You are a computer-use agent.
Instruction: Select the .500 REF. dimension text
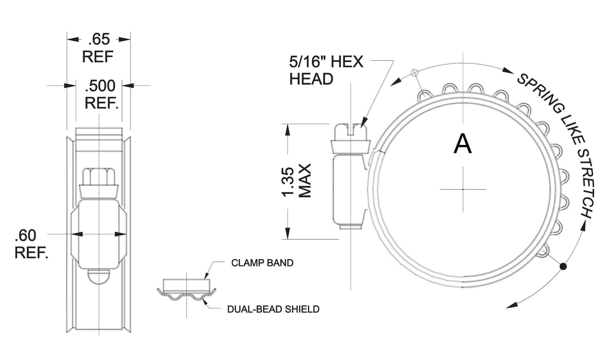[x=100, y=94]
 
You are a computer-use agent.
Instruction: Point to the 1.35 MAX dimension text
[x=296, y=181]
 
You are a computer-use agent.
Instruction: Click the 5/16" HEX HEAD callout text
[x=326, y=70]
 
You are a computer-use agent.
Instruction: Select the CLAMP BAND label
[x=262, y=263]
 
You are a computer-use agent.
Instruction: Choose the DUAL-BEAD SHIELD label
[x=273, y=309]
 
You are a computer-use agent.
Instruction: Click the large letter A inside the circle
[x=462, y=144]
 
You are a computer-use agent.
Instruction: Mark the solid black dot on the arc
[x=563, y=266]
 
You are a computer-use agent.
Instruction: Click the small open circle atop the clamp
[x=415, y=72]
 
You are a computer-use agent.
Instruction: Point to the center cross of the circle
[x=462, y=189]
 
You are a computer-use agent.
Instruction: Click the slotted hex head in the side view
[x=350, y=133]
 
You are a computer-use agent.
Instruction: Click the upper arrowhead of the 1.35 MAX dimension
[x=288, y=130]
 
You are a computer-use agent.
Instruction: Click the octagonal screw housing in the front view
[x=99, y=234]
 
